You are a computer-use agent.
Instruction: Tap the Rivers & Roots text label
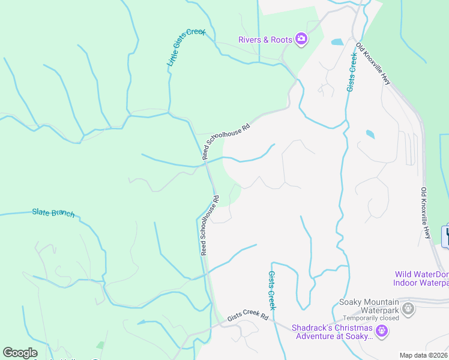click(265, 40)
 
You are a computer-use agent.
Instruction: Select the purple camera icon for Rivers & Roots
click(301, 40)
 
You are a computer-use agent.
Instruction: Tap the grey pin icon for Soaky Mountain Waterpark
click(409, 310)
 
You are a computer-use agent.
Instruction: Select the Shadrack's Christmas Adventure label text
click(333, 332)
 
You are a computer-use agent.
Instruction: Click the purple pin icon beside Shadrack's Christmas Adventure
click(381, 331)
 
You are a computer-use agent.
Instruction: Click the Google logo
click(20, 353)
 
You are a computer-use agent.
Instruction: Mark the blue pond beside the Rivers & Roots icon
click(337, 43)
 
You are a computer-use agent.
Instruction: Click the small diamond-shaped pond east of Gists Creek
click(370, 134)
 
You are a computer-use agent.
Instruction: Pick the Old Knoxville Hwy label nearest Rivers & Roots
click(373, 63)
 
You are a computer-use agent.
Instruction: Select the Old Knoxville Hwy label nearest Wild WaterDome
click(425, 213)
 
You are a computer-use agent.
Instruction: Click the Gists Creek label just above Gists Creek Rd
click(271, 290)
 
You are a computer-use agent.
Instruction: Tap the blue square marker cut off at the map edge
click(445, 236)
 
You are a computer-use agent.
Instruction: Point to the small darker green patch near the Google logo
click(100, 346)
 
